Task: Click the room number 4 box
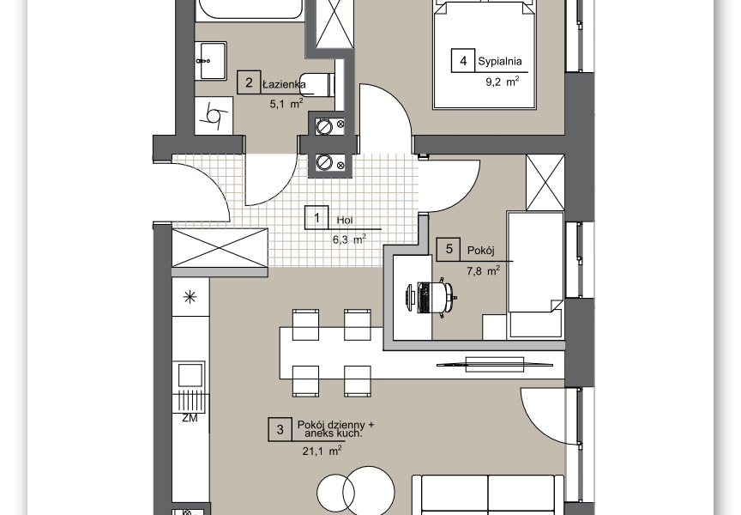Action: click(463, 61)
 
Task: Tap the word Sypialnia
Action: click(500, 62)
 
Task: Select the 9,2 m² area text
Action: click(503, 82)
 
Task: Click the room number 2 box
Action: click(249, 82)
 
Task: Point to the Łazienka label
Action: click(284, 85)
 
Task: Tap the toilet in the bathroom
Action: click(317, 85)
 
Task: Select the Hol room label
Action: click(345, 220)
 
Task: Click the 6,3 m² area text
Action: click(350, 239)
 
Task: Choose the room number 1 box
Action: click(316, 217)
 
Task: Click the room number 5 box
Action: click(449, 249)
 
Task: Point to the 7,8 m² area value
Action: click(483, 271)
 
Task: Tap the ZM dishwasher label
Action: click(190, 418)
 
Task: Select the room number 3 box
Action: click(280, 429)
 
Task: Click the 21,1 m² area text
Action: click(322, 451)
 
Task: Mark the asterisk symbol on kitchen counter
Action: click(190, 297)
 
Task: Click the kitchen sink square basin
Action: click(190, 375)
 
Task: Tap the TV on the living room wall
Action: click(495, 365)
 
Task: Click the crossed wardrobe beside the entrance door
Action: click(220, 248)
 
